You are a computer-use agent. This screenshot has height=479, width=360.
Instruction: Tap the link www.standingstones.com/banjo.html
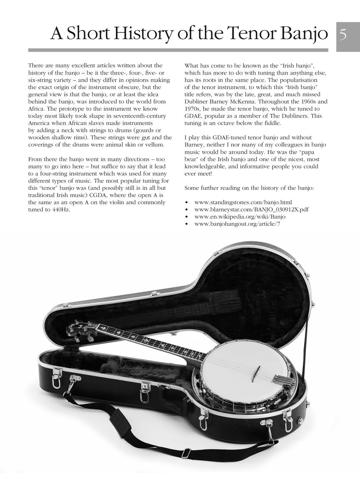point(243,202)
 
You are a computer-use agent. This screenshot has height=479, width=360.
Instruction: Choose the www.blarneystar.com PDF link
point(251,210)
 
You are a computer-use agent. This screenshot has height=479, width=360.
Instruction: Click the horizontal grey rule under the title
point(178,50)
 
